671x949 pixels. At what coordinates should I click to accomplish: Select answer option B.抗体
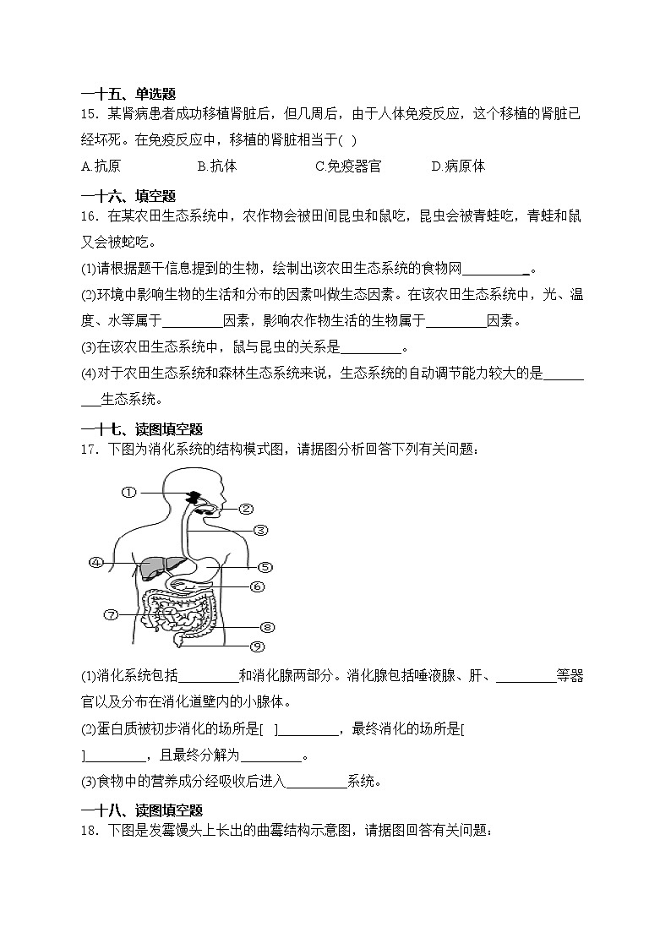pyautogui.click(x=217, y=166)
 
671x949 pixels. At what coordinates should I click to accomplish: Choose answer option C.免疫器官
pyautogui.click(x=348, y=166)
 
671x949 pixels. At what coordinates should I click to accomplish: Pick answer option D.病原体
pyautogui.click(x=458, y=166)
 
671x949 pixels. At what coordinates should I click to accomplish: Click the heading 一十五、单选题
pyautogui.click(x=128, y=95)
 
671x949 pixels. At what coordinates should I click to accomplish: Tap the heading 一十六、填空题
pyautogui.click(x=128, y=196)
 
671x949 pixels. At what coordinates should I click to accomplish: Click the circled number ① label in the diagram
pyautogui.click(x=128, y=492)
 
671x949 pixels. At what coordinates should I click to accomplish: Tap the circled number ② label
pyautogui.click(x=246, y=509)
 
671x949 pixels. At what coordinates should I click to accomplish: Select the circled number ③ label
pyautogui.click(x=260, y=531)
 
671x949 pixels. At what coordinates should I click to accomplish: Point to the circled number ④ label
pyautogui.click(x=96, y=562)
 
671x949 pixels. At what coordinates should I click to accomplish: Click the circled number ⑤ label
pyautogui.click(x=264, y=567)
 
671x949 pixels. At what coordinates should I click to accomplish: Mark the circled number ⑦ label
pyautogui.click(x=111, y=614)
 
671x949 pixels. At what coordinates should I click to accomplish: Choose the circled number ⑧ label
pyautogui.click(x=267, y=627)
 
